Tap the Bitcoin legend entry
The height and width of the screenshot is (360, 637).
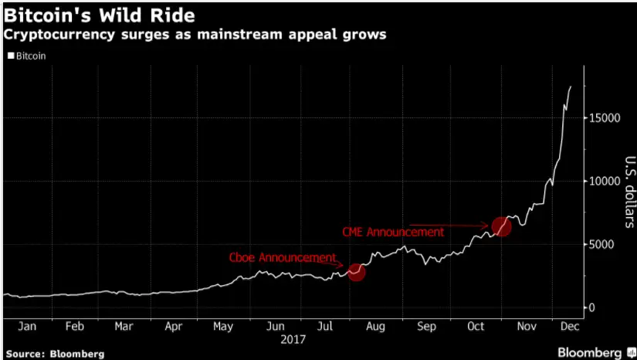(x=27, y=56)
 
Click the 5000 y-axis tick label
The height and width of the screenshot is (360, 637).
(x=602, y=244)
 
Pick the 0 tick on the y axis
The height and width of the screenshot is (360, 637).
(x=593, y=307)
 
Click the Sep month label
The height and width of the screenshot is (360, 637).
(x=426, y=327)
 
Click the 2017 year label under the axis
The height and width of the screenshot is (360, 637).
(x=293, y=339)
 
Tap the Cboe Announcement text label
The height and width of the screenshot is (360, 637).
(x=282, y=257)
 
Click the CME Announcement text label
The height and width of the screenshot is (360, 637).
(x=393, y=231)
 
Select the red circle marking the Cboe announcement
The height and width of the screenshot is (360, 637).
(x=356, y=272)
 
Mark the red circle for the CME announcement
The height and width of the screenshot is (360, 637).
(x=502, y=226)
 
